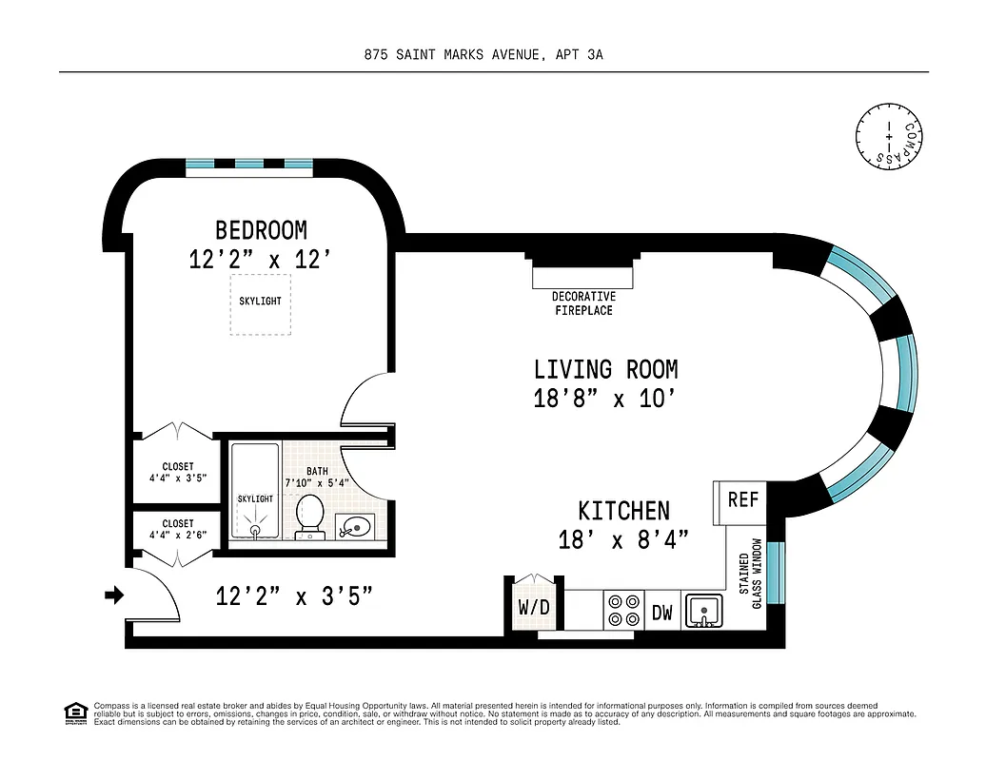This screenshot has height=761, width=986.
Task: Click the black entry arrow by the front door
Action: (x=114, y=595)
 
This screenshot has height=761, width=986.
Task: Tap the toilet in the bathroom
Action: (x=310, y=515)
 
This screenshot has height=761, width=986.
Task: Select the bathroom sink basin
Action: (x=354, y=524)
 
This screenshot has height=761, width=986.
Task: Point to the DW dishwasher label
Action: (x=661, y=613)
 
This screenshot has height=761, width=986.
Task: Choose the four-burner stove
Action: (x=623, y=610)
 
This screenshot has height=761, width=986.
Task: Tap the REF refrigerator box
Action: (x=743, y=499)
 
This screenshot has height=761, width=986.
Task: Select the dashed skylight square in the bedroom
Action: (x=260, y=303)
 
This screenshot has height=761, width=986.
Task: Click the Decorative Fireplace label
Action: (x=583, y=303)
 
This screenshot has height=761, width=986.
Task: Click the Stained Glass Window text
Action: (x=751, y=574)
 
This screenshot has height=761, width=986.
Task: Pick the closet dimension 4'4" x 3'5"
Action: (x=178, y=473)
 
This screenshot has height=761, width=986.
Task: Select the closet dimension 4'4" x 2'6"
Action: (x=178, y=529)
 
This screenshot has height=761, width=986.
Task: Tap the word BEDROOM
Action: (x=261, y=230)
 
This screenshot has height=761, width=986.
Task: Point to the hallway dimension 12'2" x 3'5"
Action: (x=293, y=597)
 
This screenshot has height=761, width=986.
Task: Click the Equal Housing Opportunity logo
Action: (x=74, y=712)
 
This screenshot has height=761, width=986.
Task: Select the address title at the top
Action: (x=483, y=55)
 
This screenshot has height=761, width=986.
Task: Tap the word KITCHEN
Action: (x=624, y=511)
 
